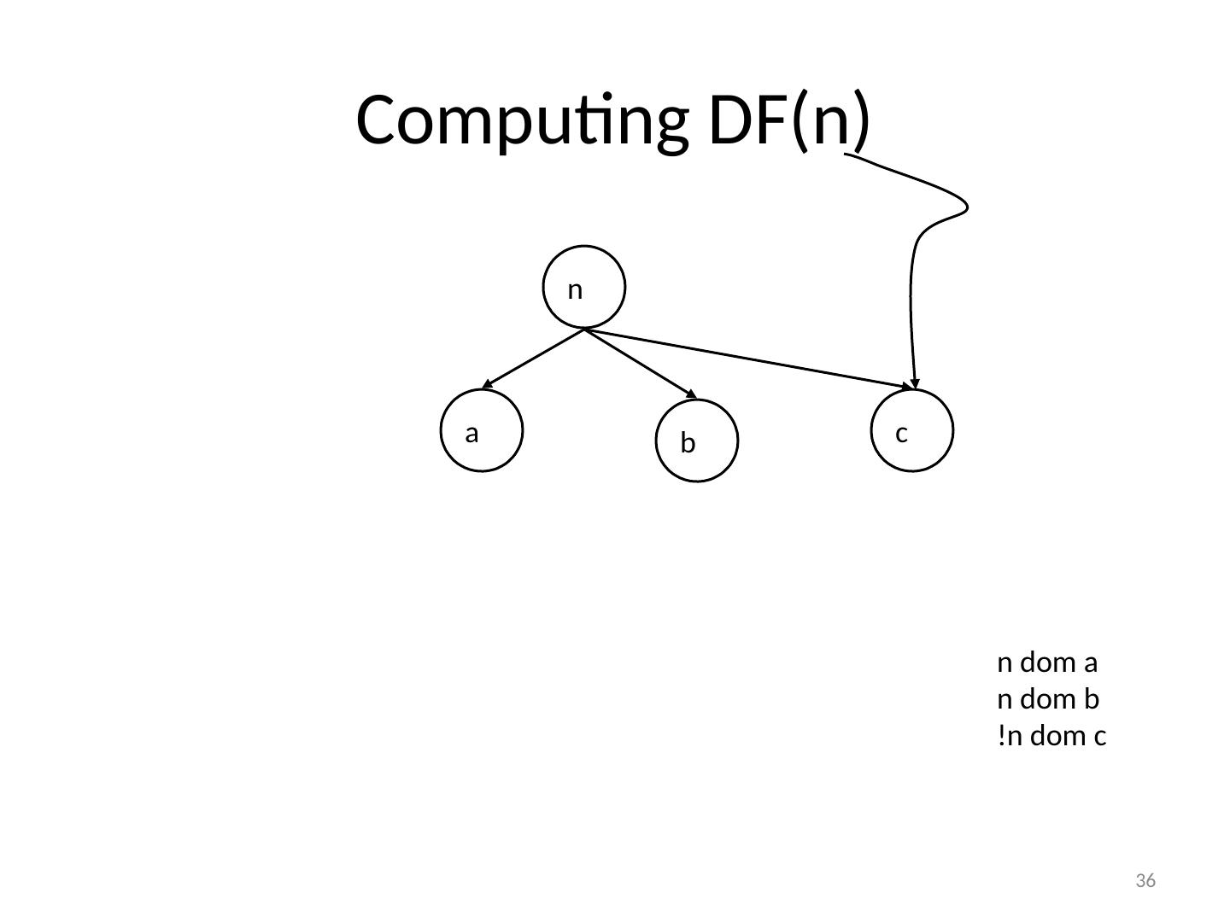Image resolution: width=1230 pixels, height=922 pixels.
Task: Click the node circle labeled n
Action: click(x=584, y=287)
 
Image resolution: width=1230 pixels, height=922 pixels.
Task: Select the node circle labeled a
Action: click(x=483, y=430)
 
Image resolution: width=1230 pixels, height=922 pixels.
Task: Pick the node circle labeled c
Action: click(x=914, y=430)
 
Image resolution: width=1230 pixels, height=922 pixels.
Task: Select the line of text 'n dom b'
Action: click(x=1048, y=700)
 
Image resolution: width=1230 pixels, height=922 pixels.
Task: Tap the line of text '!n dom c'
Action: click(x=1051, y=736)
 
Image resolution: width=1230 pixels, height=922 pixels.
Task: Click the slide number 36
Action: click(x=1145, y=880)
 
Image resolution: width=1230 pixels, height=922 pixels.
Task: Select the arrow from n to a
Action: click(x=534, y=359)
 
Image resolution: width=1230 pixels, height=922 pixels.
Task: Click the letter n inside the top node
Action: click(x=575, y=290)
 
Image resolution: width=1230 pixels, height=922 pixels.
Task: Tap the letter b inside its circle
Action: click(x=688, y=443)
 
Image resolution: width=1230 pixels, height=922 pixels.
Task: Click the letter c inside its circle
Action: click(x=901, y=434)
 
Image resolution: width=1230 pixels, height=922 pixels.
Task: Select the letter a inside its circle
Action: click(x=471, y=434)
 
